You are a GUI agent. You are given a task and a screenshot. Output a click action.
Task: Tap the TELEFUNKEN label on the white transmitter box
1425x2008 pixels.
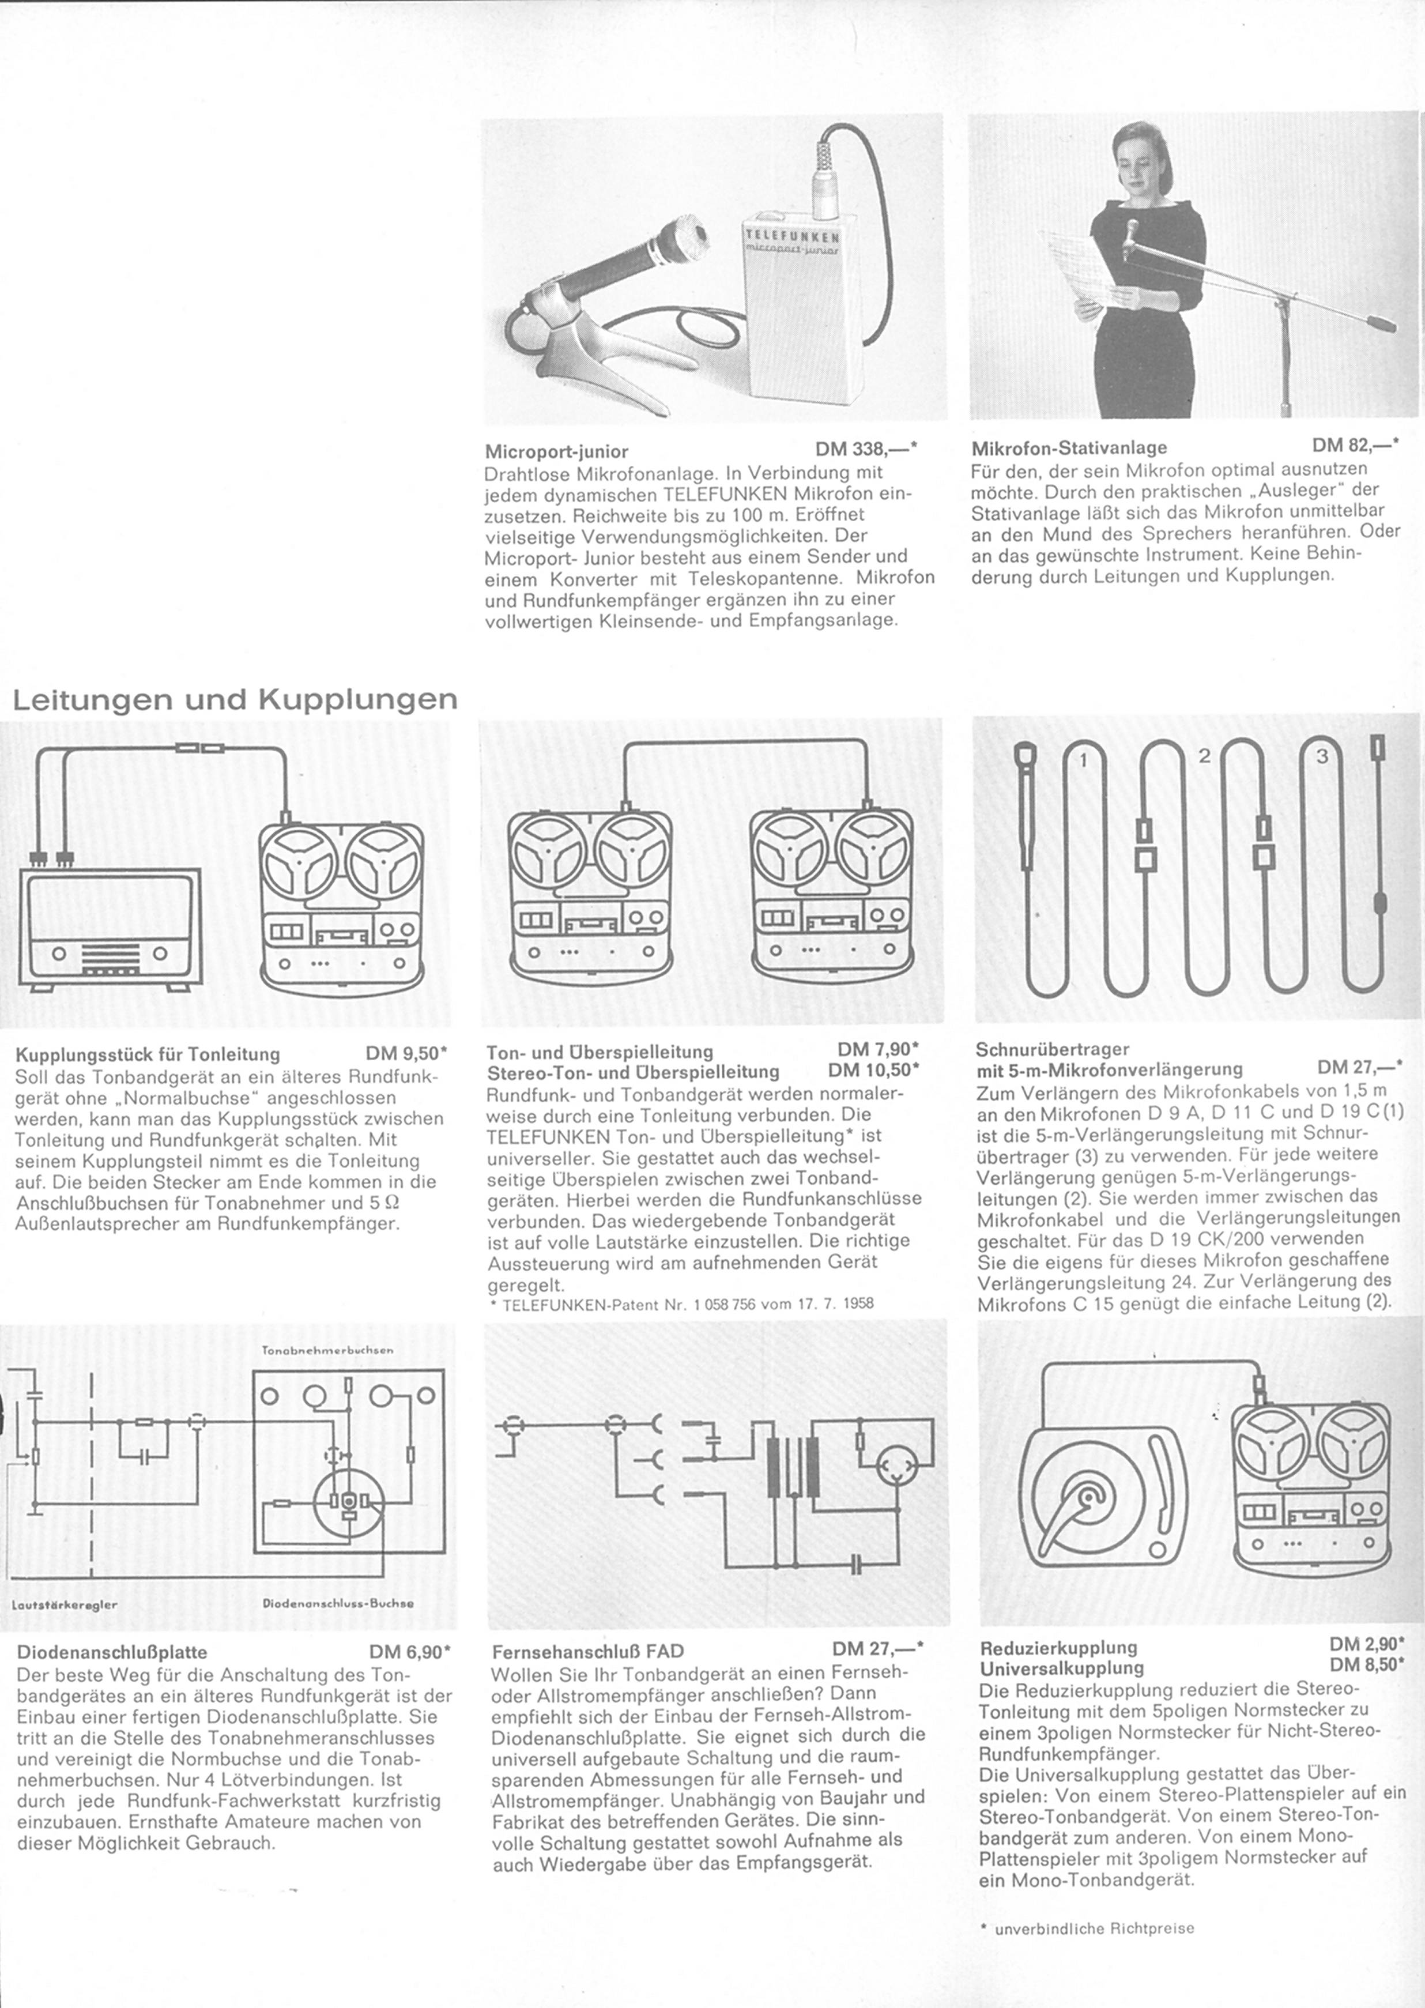coord(790,236)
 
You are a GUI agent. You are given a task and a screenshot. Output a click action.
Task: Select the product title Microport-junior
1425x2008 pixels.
coord(556,451)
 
